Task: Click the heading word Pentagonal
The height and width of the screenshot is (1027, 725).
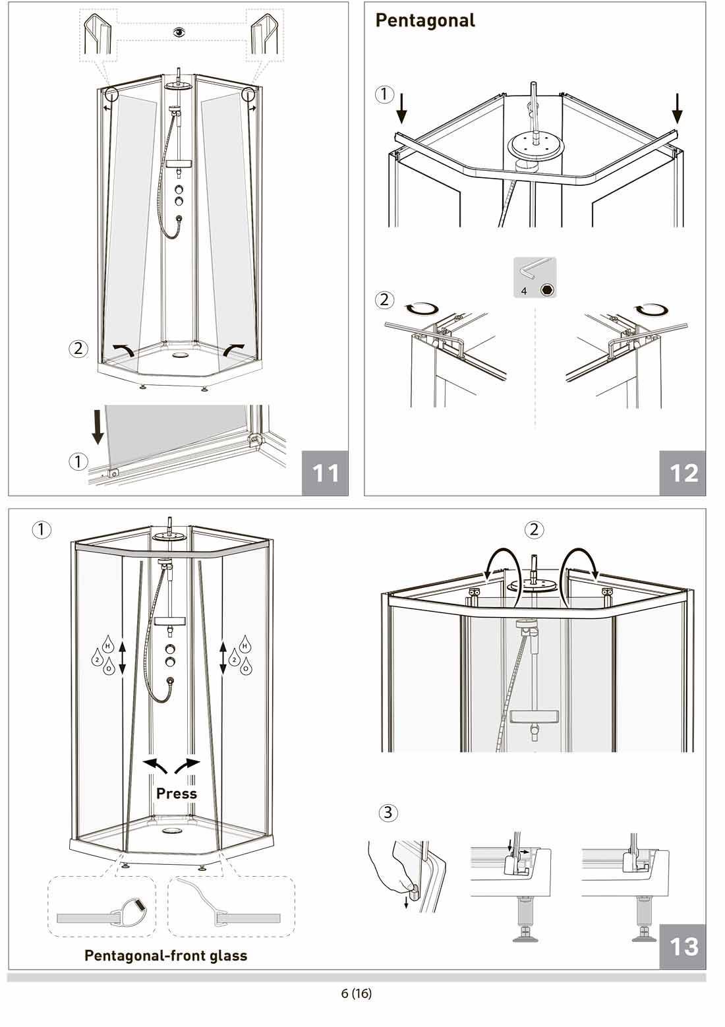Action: [425, 21]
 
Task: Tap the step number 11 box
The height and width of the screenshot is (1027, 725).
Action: [325, 473]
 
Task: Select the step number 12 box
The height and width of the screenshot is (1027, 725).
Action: [683, 473]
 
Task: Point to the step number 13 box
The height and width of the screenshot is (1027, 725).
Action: [683, 947]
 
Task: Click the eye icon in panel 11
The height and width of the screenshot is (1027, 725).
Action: [180, 32]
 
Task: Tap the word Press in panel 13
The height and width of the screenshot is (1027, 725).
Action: [177, 793]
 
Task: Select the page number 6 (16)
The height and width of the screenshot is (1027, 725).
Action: [357, 993]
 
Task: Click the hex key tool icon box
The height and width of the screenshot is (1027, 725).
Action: [535, 278]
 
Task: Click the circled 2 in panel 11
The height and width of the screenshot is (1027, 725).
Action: [78, 349]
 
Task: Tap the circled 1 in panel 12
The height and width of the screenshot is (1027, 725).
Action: [384, 94]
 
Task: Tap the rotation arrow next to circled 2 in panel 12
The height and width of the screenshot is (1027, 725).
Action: [421, 309]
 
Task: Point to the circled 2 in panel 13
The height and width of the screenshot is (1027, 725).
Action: [534, 530]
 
